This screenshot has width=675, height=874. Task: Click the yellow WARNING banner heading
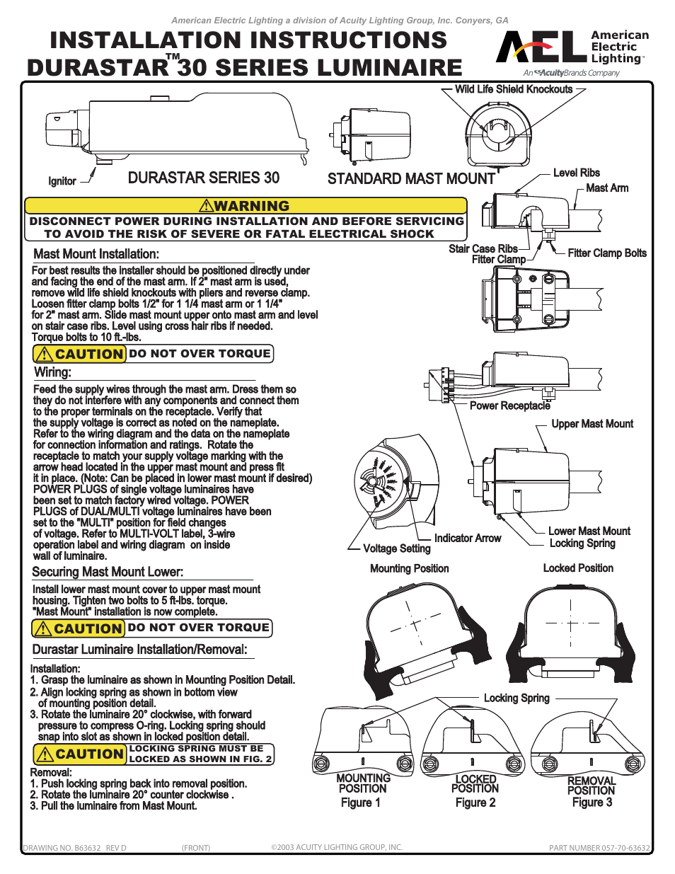246,206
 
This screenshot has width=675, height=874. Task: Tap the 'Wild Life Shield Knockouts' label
514,89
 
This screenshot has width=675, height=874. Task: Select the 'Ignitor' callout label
62,181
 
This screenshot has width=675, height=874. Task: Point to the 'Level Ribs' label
576,173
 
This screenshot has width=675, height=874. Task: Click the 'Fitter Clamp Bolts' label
606,253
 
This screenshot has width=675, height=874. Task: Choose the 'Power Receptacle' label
509,406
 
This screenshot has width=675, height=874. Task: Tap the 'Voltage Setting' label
396,548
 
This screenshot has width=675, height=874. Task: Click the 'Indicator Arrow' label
467,539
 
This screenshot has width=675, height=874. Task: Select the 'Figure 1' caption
360,803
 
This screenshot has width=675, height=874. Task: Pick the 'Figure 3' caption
592,803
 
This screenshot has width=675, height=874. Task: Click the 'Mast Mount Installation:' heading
96,254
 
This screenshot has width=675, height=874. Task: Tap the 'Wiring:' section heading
52,372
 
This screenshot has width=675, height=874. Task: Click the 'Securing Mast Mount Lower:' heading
108,572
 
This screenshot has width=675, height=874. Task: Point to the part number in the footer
599,848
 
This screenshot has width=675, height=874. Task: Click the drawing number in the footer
74,848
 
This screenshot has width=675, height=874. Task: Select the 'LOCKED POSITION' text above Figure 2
475,783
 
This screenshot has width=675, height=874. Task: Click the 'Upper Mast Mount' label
592,424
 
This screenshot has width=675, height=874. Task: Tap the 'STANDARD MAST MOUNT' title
411,179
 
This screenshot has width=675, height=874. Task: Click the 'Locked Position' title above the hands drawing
578,568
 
